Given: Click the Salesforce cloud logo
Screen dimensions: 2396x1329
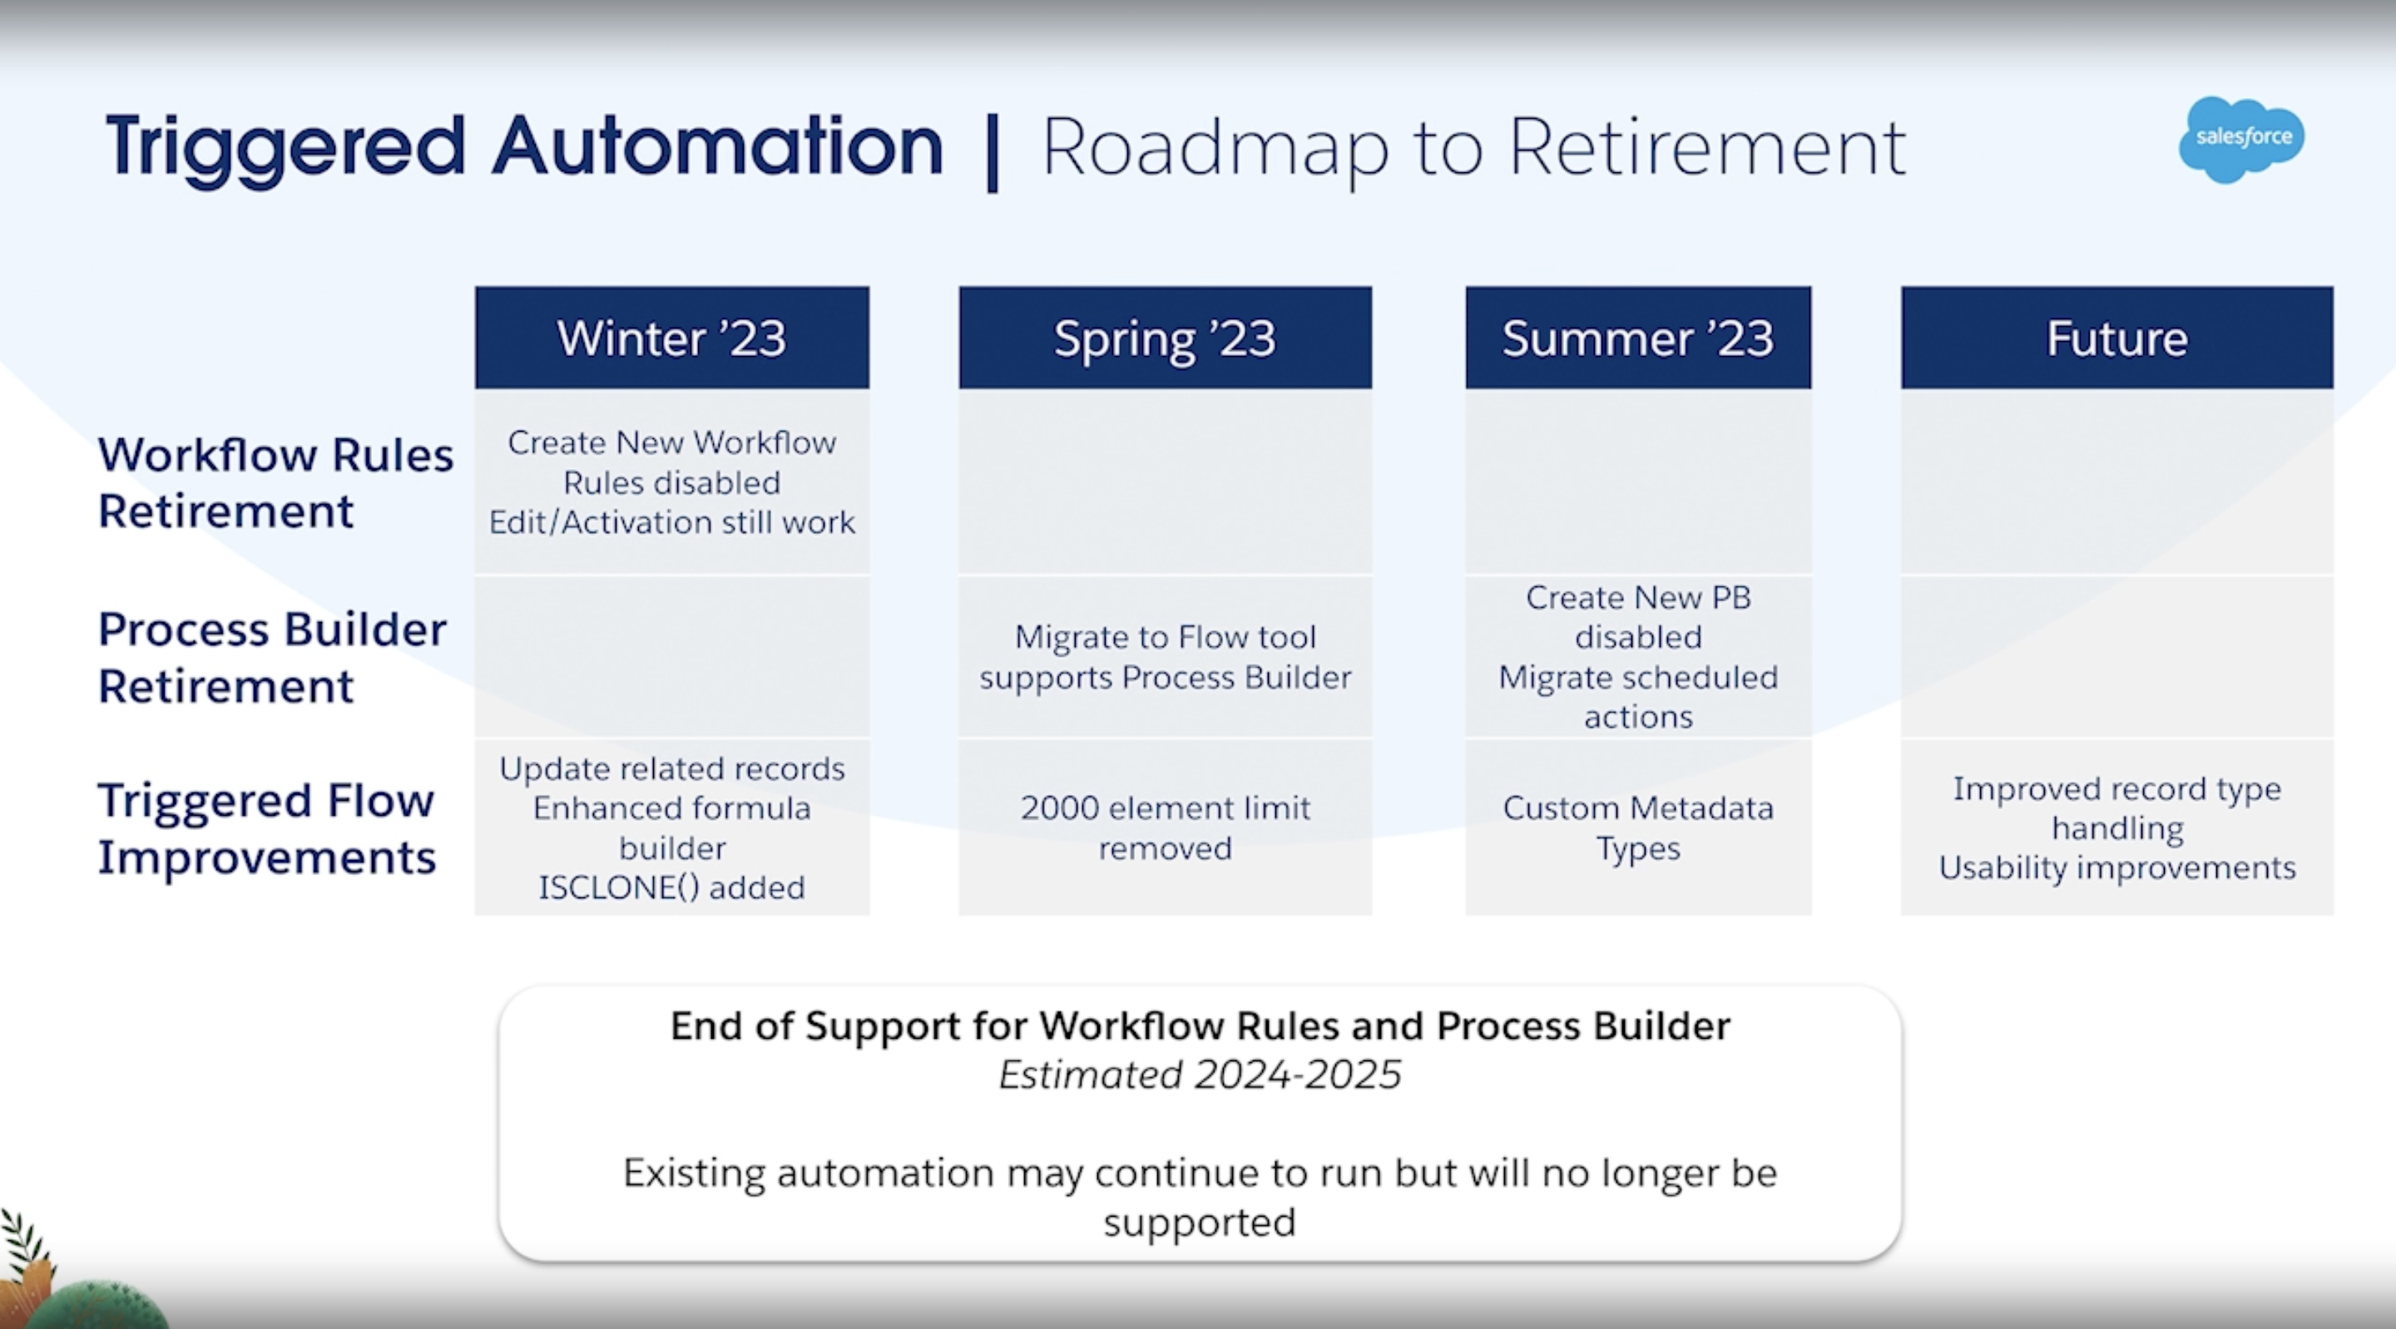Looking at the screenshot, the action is (x=2241, y=140).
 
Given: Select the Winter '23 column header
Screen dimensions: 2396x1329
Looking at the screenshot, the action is (x=671, y=338).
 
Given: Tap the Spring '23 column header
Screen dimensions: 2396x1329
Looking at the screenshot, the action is (x=1165, y=338).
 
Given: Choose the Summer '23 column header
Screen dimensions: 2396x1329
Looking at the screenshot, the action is (x=1638, y=338).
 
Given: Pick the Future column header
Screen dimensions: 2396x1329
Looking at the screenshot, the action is (x=2117, y=338).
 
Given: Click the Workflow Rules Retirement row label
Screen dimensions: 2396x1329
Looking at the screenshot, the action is (x=275, y=482).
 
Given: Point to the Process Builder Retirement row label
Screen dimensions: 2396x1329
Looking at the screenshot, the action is (x=271, y=658).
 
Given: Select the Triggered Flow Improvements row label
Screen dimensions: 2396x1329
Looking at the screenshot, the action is (x=266, y=828).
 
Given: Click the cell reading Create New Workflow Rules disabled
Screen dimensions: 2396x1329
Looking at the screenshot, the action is (x=671, y=482).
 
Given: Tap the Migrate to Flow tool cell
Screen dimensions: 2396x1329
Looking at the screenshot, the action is (x=1165, y=656).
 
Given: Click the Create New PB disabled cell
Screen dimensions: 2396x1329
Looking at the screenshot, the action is (x=1638, y=656).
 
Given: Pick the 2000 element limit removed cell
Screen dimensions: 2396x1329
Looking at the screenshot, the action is (x=1165, y=828).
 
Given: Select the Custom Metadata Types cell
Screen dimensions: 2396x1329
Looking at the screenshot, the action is (x=1638, y=828).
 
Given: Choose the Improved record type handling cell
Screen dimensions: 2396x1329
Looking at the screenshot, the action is (x=2117, y=828).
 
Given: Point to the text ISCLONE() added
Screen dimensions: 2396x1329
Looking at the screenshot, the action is (x=671, y=887).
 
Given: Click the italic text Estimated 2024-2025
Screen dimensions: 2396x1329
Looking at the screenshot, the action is (x=1200, y=1075).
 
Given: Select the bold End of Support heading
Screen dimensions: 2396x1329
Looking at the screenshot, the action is (x=1200, y=1025).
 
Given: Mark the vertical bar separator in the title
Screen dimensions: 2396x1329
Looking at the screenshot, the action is (x=993, y=152).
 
